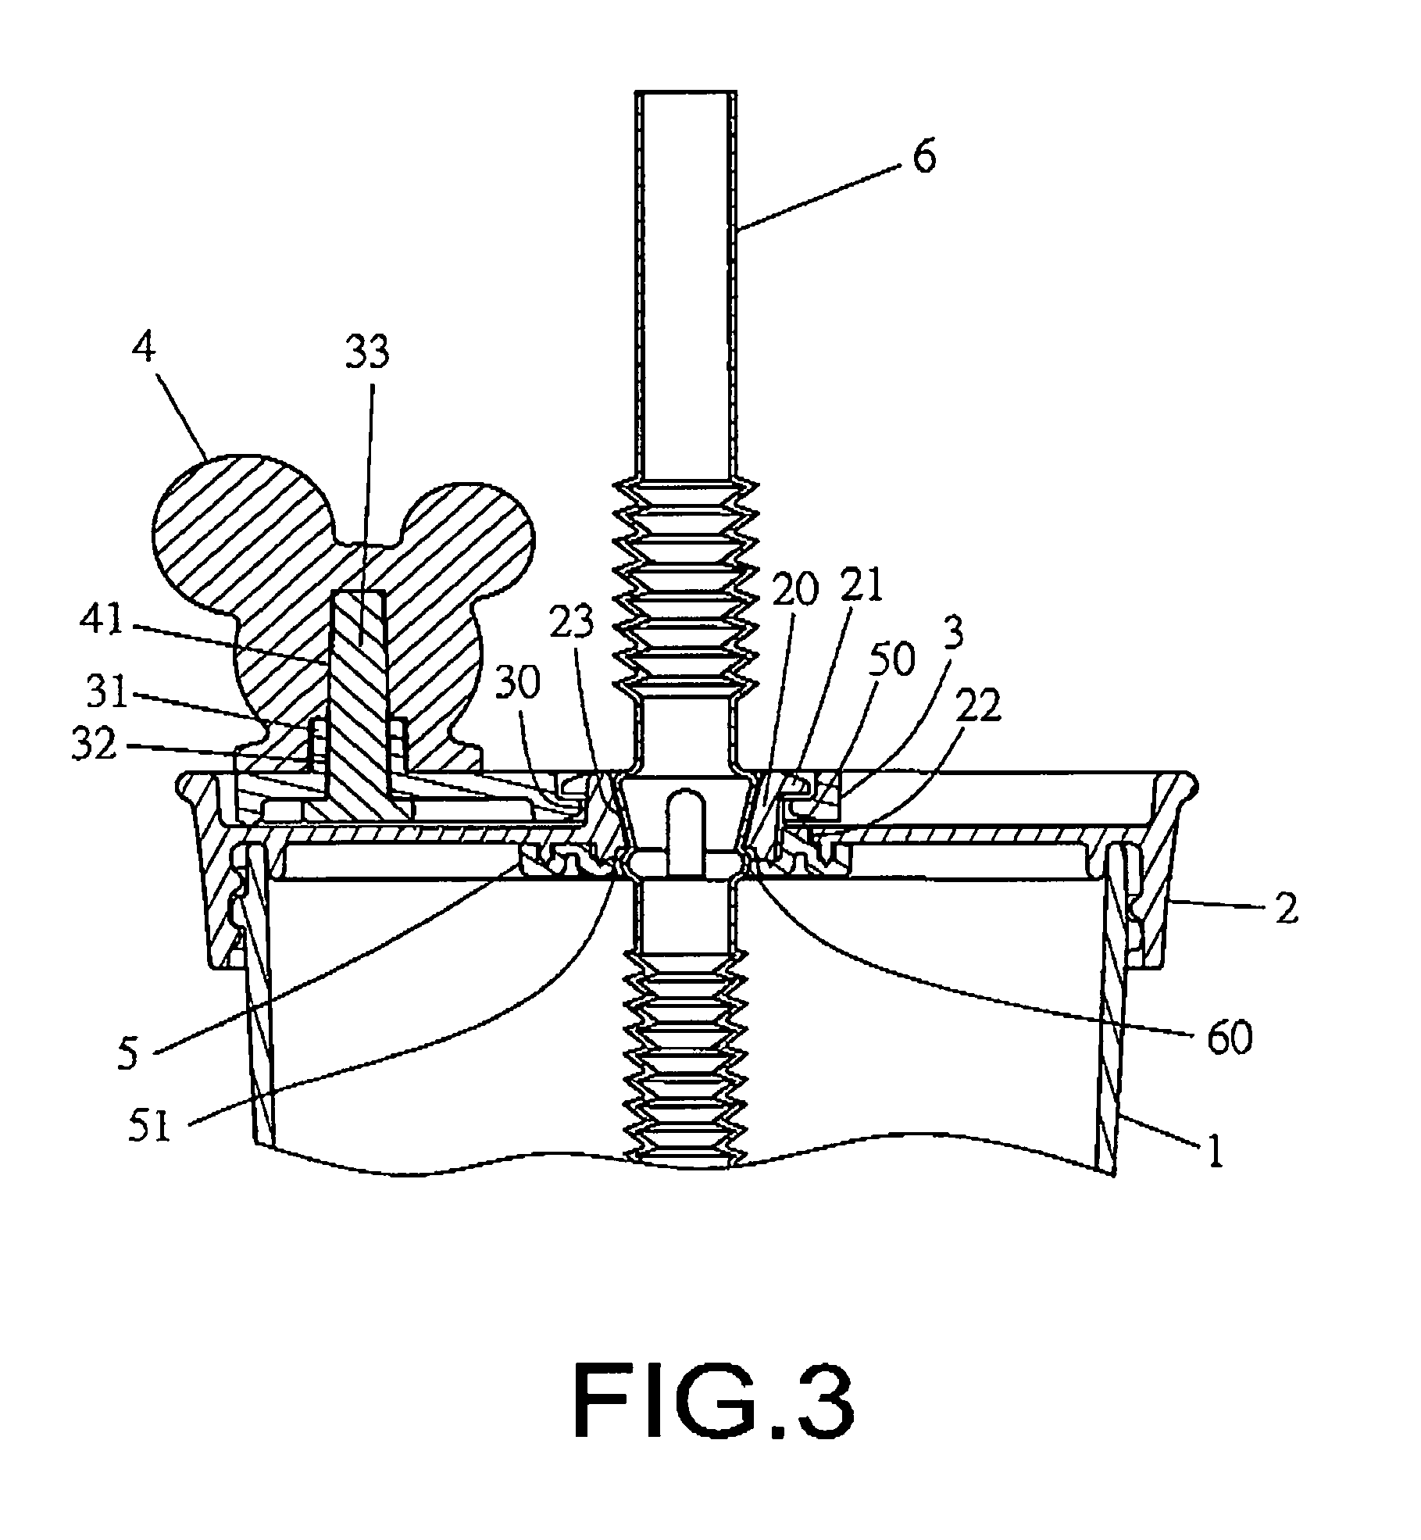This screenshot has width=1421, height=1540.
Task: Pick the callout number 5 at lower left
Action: [x=127, y=1053]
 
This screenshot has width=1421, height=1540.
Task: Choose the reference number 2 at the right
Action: [x=1286, y=909]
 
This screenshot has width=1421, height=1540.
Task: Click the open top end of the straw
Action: [x=687, y=94]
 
